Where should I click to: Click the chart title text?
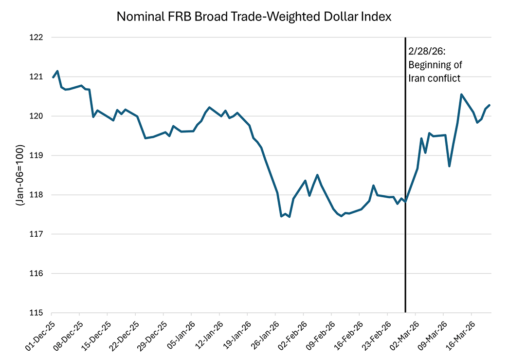click(254, 17)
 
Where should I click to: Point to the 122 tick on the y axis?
click(37, 38)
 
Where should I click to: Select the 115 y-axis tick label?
click(37, 313)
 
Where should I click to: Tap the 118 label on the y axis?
click(37, 195)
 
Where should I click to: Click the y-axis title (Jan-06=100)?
click(20, 175)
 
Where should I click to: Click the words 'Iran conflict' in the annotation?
click(434, 77)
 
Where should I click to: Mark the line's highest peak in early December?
click(58, 71)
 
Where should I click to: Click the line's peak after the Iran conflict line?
click(461, 95)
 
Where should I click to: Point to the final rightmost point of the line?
click(490, 105)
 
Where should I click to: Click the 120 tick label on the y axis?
click(37, 116)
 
